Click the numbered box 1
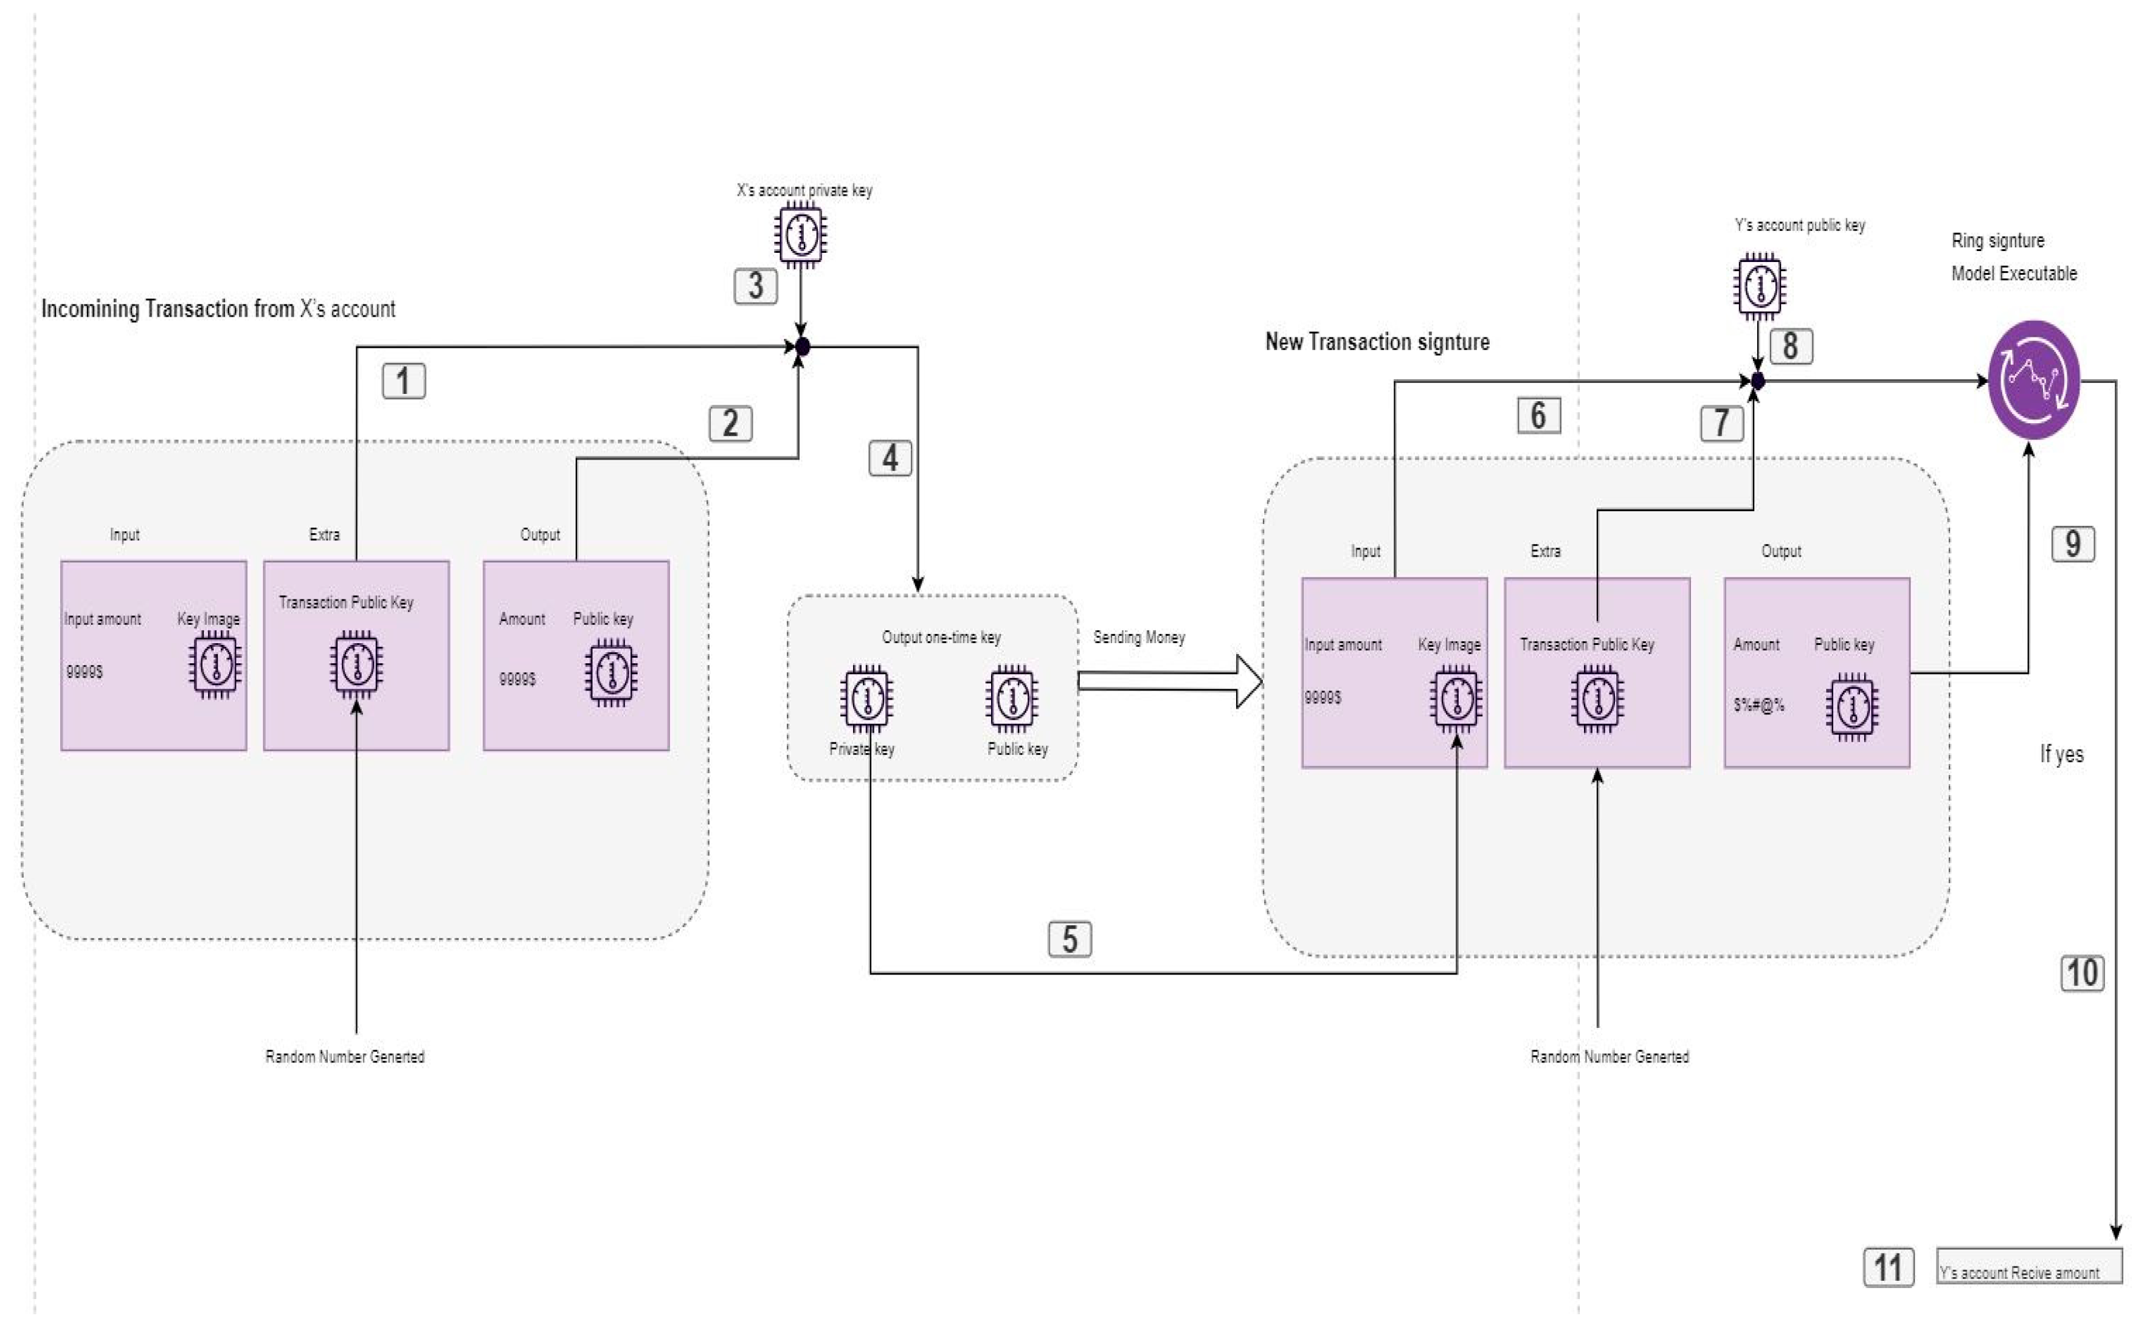coord(404,381)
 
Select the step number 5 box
coord(1070,939)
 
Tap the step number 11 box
coord(1889,1267)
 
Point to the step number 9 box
coord(2072,543)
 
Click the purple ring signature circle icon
coord(2033,381)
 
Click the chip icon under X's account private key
coord(800,235)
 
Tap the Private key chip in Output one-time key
coord(866,698)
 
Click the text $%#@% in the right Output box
coord(1758,705)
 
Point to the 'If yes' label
coord(2061,754)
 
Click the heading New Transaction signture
coord(1377,342)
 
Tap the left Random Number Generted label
coord(344,1056)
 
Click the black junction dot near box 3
coord(802,346)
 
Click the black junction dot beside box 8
coord(1758,381)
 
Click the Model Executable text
coord(2014,274)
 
